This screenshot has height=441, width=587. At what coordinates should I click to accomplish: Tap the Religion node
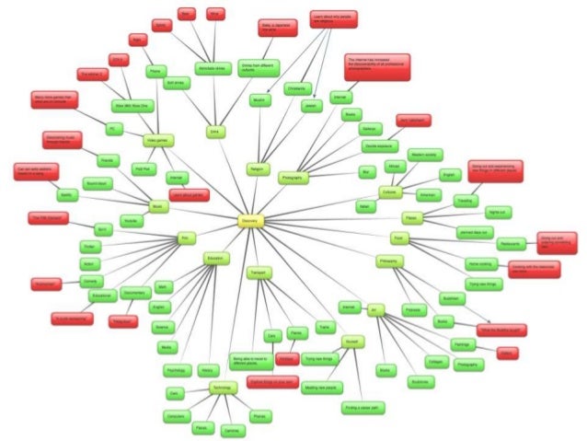point(256,168)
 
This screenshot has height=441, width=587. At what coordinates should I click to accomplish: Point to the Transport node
point(258,272)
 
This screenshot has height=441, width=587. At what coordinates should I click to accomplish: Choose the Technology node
point(224,388)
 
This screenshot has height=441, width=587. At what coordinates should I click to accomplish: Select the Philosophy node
point(389,262)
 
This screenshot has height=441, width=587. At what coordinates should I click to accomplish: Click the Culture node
point(389,192)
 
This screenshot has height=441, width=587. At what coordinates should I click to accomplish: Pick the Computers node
point(176,415)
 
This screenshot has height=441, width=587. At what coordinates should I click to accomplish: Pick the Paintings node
point(463,344)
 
